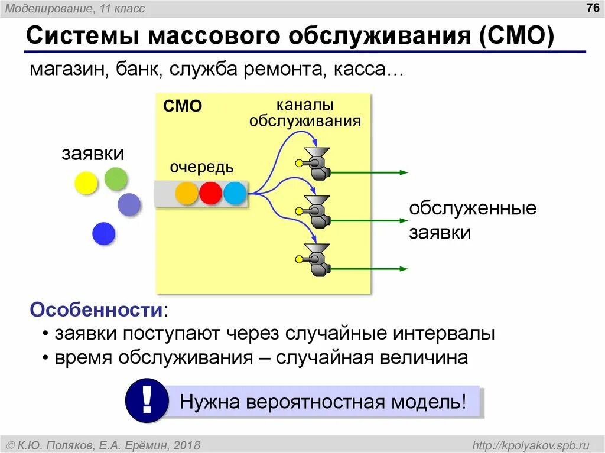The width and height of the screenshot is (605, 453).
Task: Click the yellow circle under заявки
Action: click(x=86, y=183)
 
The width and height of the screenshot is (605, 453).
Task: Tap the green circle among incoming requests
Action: click(x=116, y=178)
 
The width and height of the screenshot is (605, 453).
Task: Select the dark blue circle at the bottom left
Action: click(x=103, y=234)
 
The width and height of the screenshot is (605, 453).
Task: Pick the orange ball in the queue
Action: click(x=187, y=193)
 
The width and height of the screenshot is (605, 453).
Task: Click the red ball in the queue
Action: click(x=210, y=193)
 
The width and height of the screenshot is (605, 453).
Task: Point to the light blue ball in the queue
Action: click(x=235, y=193)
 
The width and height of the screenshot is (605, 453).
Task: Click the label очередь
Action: click(x=201, y=168)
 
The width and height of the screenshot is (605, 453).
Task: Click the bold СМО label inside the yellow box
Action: click(x=183, y=106)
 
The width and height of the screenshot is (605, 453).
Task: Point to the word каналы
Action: click(x=305, y=105)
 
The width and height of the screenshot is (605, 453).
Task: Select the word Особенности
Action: click(x=97, y=309)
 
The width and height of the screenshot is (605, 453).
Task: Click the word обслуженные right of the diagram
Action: click(x=473, y=209)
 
